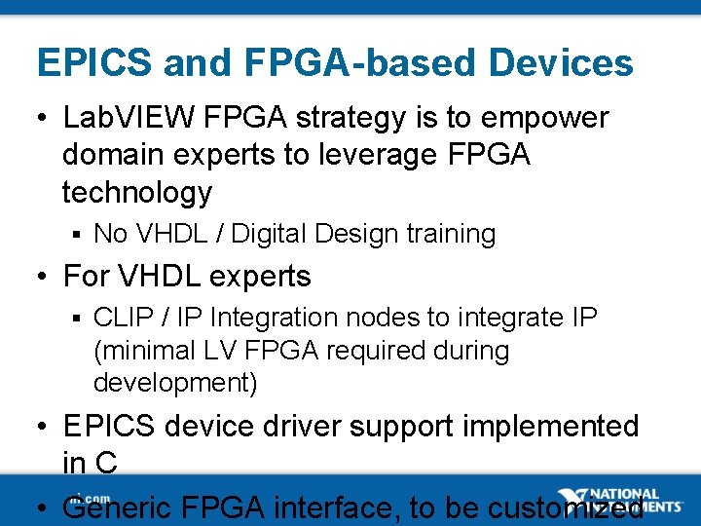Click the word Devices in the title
click(x=561, y=63)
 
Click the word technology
click(x=136, y=193)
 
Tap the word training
click(x=451, y=235)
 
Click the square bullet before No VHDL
click(x=74, y=235)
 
